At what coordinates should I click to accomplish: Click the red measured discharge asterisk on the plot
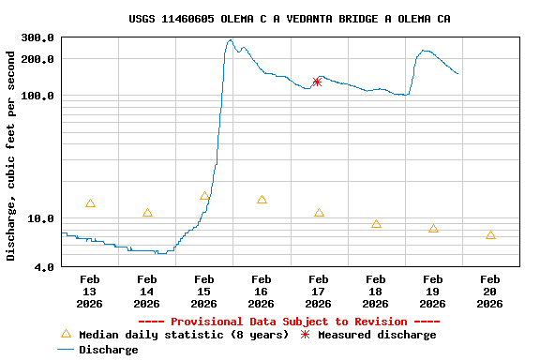pyautogui.click(x=317, y=82)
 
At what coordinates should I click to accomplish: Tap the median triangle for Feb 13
pyautogui.click(x=90, y=203)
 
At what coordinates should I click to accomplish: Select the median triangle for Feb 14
pyautogui.click(x=147, y=213)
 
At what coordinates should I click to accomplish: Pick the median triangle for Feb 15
pyautogui.click(x=204, y=196)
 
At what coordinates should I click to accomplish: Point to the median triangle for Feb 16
pyautogui.click(x=262, y=200)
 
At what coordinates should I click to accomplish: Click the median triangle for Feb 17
pyautogui.click(x=319, y=213)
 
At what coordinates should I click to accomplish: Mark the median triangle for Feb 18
pyautogui.click(x=376, y=224)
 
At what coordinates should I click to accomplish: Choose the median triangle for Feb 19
pyautogui.click(x=433, y=229)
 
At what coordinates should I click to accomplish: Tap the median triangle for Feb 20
pyautogui.click(x=490, y=235)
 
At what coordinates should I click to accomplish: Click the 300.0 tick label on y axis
pyautogui.click(x=37, y=38)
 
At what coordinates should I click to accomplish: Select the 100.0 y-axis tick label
pyautogui.click(x=37, y=97)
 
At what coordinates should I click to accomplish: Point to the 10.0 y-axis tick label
pyautogui.click(x=40, y=219)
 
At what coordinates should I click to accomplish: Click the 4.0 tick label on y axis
pyautogui.click(x=44, y=268)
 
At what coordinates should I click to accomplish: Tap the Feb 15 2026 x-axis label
pyautogui.click(x=203, y=292)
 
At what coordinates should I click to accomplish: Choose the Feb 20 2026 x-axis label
pyautogui.click(x=489, y=292)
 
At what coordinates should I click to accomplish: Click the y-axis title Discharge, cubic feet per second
pyautogui.click(x=11, y=154)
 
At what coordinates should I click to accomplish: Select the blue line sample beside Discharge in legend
pyautogui.click(x=65, y=350)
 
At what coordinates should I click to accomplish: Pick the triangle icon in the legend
pyautogui.click(x=66, y=334)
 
